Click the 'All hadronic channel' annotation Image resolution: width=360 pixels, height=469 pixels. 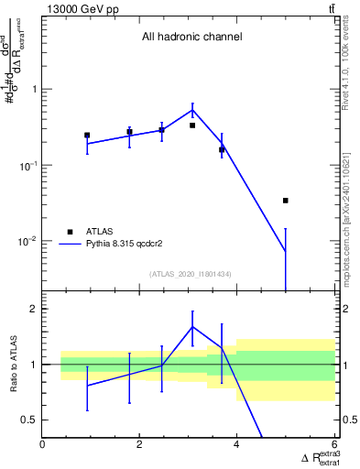[191, 38]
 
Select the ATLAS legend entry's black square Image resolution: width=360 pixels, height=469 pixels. [70, 232]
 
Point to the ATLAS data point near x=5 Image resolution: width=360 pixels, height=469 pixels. [286, 200]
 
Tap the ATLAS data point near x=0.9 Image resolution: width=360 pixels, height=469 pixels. [87, 135]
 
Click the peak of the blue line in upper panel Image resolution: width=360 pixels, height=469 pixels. [192, 110]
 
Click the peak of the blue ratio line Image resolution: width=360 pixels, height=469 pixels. [192, 326]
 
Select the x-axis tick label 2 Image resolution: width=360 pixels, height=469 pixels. [139, 445]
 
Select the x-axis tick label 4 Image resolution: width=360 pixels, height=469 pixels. [236, 445]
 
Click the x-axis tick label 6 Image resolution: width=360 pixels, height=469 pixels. [333, 445]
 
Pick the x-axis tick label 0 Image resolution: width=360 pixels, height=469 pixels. [43, 445]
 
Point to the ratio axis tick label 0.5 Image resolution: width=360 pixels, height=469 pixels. [28, 420]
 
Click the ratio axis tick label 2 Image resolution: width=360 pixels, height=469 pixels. [33, 309]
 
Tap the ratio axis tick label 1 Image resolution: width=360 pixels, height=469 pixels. [33, 365]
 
